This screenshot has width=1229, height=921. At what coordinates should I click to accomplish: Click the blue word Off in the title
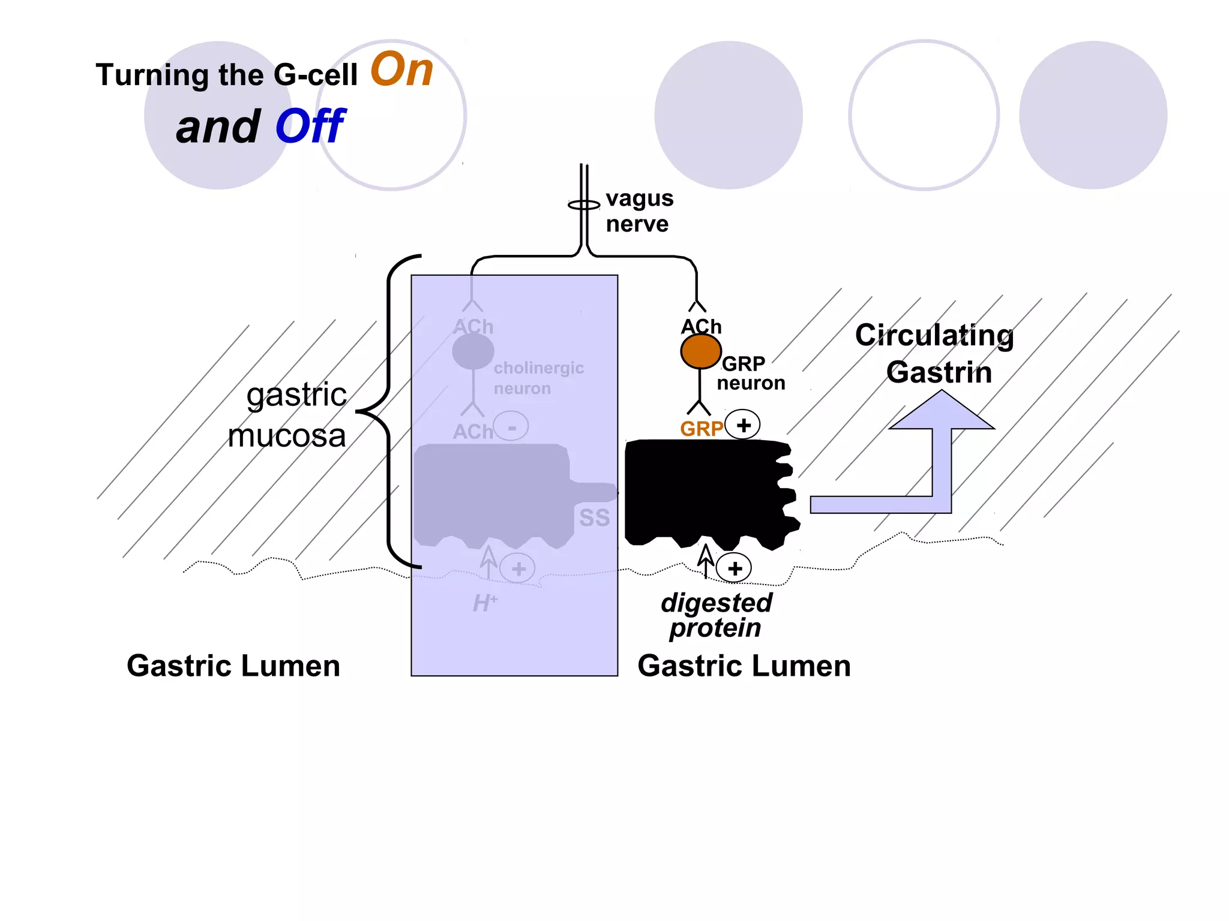tap(310, 127)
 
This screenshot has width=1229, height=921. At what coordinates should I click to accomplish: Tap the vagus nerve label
tap(639, 211)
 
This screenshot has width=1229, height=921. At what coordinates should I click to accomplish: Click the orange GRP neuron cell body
tap(700, 351)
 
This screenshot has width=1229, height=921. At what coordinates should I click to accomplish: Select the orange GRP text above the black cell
tap(701, 429)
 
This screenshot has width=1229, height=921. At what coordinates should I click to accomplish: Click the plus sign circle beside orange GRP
tap(743, 425)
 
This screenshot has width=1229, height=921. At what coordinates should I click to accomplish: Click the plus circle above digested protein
tap(735, 568)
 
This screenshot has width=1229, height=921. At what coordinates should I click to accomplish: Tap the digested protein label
tap(716, 615)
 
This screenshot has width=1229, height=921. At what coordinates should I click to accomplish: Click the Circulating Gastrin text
tap(935, 354)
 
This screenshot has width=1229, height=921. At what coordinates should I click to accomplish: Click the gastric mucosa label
tap(288, 415)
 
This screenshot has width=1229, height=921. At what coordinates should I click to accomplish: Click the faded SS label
tap(594, 518)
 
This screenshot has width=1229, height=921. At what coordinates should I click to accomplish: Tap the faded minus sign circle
tap(512, 427)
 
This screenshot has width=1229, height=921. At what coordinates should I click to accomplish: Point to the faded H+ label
tap(485, 603)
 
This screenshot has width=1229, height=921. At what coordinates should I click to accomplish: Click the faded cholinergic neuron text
tap(538, 378)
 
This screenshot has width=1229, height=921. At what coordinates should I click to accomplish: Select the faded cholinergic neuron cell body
tap(473, 351)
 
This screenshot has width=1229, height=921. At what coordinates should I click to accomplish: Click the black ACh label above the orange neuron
tap(701, 327)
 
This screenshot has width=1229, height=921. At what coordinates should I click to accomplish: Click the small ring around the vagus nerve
tap(583, 205)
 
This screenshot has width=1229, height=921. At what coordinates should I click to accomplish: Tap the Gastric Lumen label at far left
tap(233, 666)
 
